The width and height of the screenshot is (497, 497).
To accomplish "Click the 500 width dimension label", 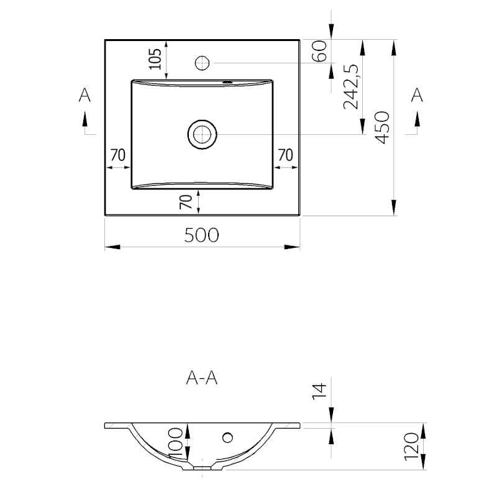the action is (201, 235).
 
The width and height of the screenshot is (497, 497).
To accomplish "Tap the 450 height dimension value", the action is (381, 127).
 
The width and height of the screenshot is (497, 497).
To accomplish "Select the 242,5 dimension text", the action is (351, 86).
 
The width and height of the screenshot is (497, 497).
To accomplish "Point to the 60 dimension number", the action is (319, 51).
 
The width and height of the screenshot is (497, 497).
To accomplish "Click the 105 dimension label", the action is (155, 59).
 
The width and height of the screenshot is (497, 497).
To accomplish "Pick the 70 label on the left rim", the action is (118, 155).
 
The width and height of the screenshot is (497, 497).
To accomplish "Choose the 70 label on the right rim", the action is (286, 155).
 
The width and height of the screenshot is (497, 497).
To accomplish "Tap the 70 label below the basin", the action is (186, 202).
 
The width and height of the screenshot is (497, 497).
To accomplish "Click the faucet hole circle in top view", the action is (203, 63).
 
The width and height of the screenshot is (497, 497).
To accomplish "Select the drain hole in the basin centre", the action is (203, 134).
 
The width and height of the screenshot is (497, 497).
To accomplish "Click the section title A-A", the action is (202, 378).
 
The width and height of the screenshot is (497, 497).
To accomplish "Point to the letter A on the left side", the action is (84, 95).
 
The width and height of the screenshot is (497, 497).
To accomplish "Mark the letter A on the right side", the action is (417, 95).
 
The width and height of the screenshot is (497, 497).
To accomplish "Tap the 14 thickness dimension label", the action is (319, 391).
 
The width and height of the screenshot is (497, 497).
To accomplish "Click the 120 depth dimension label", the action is (412, 447).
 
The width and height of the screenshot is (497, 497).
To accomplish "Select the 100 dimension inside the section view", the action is (176, 443).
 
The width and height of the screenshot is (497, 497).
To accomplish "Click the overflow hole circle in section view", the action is (227, 438).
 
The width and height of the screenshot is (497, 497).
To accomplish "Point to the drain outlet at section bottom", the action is (203, 468).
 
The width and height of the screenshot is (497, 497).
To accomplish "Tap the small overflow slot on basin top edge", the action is (227, 83).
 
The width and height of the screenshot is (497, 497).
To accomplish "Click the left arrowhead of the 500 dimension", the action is (112, 247).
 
